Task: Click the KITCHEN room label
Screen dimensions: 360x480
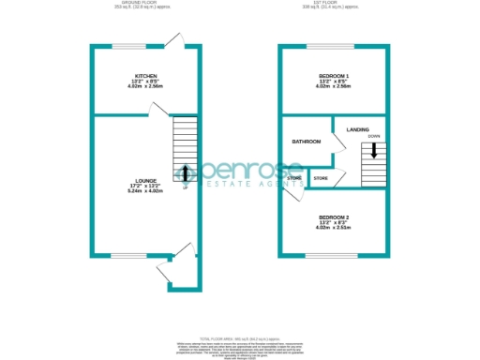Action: click(x=145, y=75)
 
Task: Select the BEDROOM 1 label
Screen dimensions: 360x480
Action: click(x=334, y=75)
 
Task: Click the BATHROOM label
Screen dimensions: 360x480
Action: click(x=306, y=142)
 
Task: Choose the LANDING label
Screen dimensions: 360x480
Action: click(x=357, y=129)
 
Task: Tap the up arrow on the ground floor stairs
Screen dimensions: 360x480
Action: click(x=185, y=172)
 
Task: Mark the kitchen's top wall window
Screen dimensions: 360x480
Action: click(x=129, y=46)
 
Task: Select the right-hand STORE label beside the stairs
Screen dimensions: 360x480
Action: click(x=320, y=178)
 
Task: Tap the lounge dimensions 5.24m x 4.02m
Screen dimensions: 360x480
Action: click(x=144, y=191)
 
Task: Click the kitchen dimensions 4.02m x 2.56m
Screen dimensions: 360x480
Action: click(x=145, y=86)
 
